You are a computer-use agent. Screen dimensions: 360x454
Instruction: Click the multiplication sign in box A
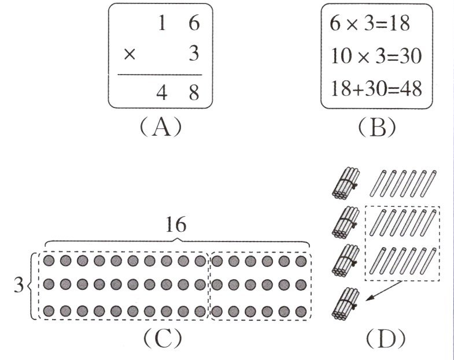130,54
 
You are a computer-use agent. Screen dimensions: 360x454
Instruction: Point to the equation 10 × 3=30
376,57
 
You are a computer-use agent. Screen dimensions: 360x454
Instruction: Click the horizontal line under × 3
160,75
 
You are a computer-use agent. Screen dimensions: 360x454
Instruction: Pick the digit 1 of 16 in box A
163,25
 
